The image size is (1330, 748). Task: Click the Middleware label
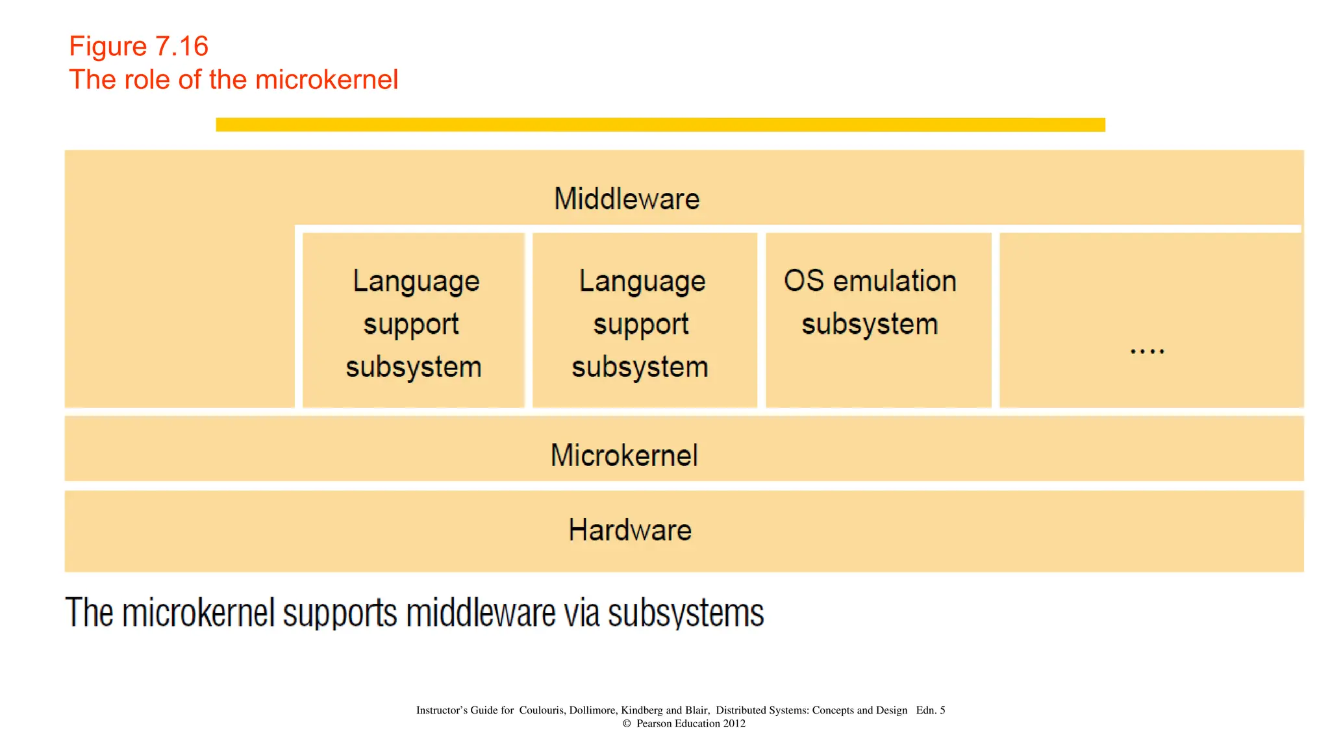click(627, 199)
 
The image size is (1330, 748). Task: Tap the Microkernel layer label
click(624, 455)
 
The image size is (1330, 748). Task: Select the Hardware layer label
click(630, 530)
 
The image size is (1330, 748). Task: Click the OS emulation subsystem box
click(878, 319)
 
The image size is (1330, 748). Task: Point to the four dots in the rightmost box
click(1147, 351)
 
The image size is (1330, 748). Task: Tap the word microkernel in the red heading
click(327, 80)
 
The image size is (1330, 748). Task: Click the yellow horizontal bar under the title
click(660, 125)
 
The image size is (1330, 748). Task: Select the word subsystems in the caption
click(686, 613)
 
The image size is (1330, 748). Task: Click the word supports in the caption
click(340, 613)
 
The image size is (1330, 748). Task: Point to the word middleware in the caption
click(481, 613)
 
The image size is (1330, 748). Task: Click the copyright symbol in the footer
click(627, 724)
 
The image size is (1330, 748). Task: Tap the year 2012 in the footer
click(734, 724)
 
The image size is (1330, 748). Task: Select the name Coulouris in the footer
click(542, 710)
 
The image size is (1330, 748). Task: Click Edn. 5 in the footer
click(930, 710)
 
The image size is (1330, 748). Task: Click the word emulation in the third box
click(895, 281)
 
